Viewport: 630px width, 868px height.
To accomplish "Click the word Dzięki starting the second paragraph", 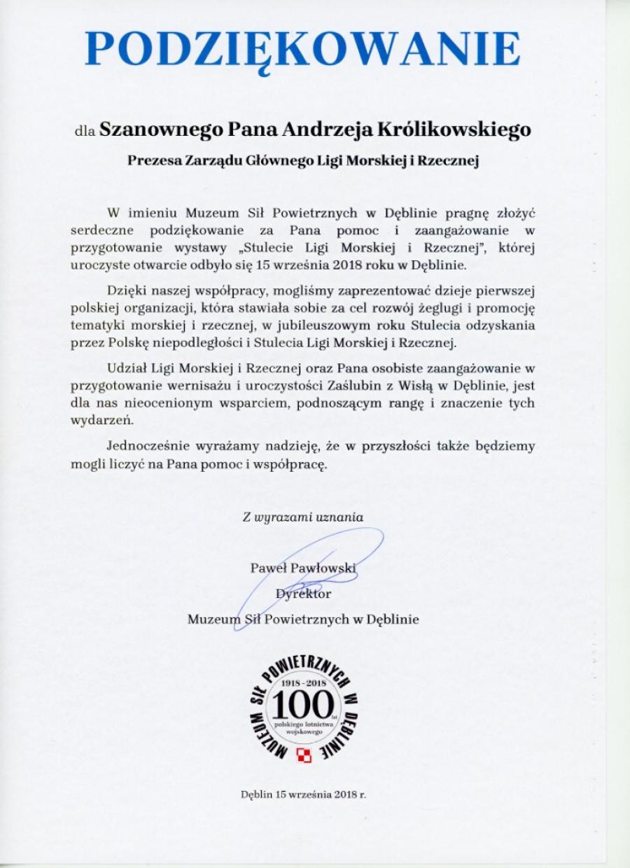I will coord(127,290).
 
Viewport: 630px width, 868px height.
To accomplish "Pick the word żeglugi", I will coord(408,307).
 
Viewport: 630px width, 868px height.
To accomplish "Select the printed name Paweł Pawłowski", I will coord(302,568).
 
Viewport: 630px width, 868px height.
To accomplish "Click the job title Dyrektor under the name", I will coord(303,594).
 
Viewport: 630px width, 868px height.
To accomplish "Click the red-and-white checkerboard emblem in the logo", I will coord(303,754).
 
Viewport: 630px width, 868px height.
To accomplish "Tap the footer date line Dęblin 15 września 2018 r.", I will coord(302,795).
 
